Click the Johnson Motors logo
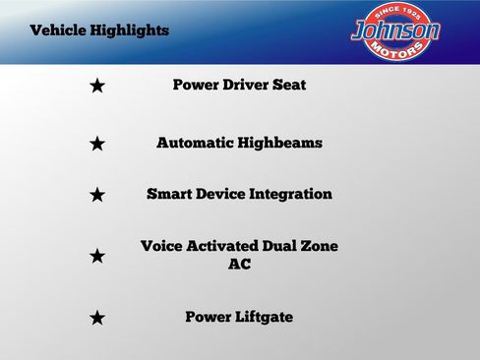tap(395, 30)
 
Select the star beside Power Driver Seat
tap(96, 87)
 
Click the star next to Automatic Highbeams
tap(96, 145)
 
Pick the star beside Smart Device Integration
tap(96, 195)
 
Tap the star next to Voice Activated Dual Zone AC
tap(96, 256)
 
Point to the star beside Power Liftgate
tap(96, 318)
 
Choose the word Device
tap(220, 194)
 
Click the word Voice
tap(162, 246)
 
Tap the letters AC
tap(239, 264)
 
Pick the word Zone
tap(318, 246)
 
